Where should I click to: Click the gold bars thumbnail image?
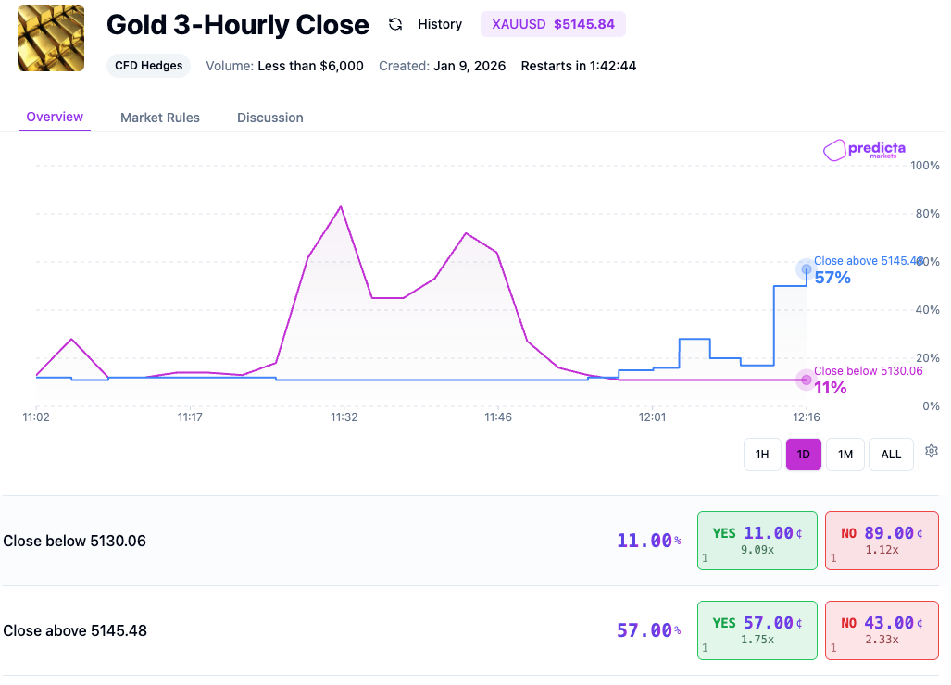(51, 38)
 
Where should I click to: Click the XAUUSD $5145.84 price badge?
(553, 24)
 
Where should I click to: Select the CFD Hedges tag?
(148, 66)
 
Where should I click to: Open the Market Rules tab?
(160, 118)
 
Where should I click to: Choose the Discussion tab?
(269, 118)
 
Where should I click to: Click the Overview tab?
(55, 118)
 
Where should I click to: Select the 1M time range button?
(845, 455)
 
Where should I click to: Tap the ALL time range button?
(891, 455)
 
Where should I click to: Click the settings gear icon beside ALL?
(932, 452)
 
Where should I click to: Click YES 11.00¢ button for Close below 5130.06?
(757, 540)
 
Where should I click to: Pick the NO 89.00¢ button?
(881, 540)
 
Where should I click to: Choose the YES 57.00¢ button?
(757, 629)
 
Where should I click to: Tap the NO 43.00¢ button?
(881, 629)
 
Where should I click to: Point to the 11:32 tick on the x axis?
(344, 417)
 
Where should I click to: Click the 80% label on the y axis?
(927, 214)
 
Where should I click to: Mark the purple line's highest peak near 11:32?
(341, 206)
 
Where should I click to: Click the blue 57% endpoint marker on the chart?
(806, 269)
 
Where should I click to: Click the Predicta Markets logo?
(864, 150)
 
